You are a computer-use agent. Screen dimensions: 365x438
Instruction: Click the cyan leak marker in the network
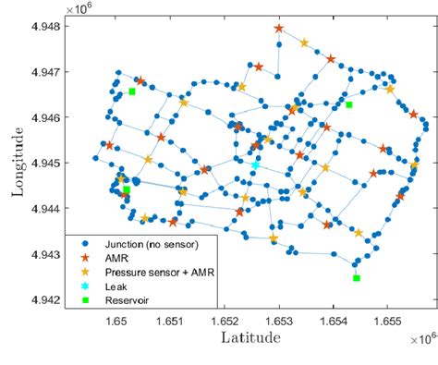(x=256, y=165)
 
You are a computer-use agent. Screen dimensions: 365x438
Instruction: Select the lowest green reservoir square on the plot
(x=357, y=278)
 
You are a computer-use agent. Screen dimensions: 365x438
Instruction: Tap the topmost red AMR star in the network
(x=279, y=29)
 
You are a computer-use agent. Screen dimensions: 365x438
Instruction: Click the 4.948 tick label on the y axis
(x=47, y=26)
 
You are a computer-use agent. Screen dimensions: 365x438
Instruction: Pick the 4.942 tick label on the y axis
(x=47, y=299)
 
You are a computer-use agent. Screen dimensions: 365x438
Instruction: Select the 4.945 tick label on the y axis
(x=47, y=163)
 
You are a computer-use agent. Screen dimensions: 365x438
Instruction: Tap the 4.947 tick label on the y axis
(x=47, y=71)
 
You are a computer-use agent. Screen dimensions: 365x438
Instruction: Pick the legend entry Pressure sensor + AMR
(x=162, y=272)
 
